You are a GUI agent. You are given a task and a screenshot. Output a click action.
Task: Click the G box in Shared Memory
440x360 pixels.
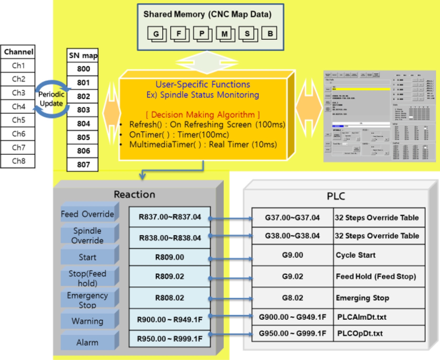[156, 34]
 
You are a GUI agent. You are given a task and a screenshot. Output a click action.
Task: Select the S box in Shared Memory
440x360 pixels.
[247, 34]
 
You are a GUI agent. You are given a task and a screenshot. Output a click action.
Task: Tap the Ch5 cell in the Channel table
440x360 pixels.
[18, 120]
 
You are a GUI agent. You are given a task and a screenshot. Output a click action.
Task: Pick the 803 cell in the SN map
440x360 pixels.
[83, 110]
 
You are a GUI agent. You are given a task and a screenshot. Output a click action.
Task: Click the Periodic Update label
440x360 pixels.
[51, 99]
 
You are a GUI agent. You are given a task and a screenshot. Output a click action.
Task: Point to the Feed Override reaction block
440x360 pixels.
[88, 214]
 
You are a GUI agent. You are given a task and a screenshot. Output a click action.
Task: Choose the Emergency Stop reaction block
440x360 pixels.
[88, 300]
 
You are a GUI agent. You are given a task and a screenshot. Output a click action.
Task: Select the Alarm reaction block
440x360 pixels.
[88, 342]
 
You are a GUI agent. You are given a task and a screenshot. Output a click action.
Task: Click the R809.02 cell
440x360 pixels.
[170, 276]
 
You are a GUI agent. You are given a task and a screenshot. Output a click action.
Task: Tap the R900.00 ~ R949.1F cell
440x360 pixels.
[170, 319]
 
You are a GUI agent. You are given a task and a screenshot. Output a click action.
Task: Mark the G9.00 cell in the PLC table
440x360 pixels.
[292, 255]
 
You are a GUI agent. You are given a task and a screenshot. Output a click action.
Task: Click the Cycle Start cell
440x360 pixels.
[379, 255]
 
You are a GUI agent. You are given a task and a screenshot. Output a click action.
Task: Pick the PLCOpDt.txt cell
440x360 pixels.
[379, 333]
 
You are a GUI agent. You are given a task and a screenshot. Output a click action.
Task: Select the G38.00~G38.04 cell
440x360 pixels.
[292, 236]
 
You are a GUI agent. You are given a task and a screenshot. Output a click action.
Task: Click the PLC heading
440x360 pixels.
[336, 196]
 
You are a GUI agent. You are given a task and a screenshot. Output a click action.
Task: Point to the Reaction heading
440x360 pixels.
[134, 194]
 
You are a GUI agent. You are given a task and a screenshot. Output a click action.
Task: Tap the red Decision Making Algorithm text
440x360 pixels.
[203, 115]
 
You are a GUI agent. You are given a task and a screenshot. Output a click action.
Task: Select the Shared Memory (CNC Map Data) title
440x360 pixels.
[207, 14]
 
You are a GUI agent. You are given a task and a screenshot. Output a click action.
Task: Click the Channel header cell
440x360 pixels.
[18, 52]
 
